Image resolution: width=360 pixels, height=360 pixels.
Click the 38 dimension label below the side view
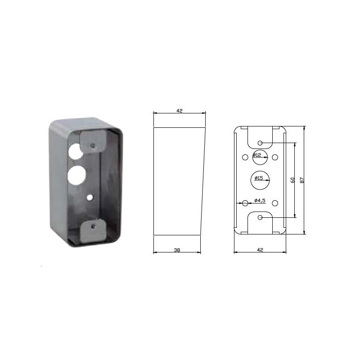(x=177, y=250)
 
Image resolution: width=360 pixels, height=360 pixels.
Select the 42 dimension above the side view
(x=179, y=111)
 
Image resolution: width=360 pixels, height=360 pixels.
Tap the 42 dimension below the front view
(x=260, y=250)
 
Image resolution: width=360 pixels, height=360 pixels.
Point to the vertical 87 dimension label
(x=302, y=180)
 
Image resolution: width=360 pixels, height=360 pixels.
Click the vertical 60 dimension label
(x=292, y=180)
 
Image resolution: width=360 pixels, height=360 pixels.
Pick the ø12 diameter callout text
(x=257, y=155)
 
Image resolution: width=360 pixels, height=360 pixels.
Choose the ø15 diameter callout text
(x=258, y=178)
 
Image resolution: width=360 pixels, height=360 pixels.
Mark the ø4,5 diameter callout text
(x=260, y=200)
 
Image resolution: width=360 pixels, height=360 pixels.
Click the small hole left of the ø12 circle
(x=245, y=157)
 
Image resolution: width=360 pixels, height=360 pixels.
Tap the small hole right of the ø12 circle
(x=275, y=157)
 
